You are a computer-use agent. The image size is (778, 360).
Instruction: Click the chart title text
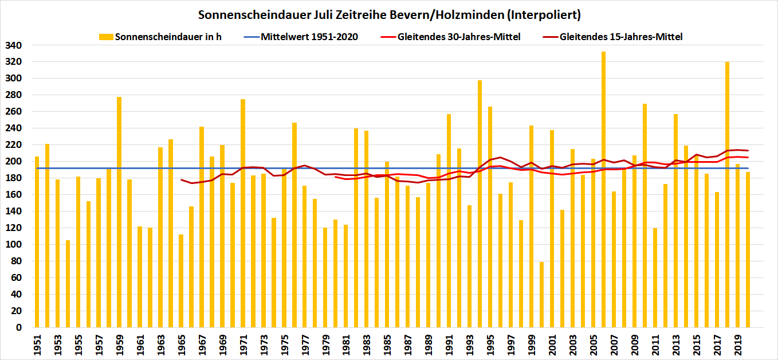click(x=389, y=14)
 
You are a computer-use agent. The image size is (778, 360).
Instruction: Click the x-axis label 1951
click(x=37, y=344)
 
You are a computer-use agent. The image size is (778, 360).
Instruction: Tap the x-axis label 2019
click(x=738, y=344)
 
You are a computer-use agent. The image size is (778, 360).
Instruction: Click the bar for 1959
click(x=119, y=212)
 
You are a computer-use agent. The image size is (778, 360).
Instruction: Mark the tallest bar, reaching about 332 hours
click(x=604, y=189)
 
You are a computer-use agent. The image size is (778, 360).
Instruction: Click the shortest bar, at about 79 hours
click(x=542, y=295)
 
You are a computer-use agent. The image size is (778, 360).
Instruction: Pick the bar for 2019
click(x=738, y=246)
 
